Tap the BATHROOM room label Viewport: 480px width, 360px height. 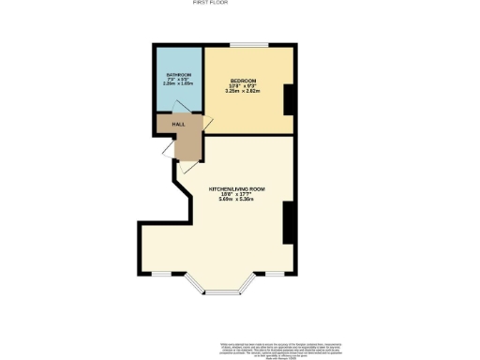[179, 74]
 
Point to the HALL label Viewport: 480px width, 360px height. [177, 124]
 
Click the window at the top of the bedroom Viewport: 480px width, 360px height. [247, 45]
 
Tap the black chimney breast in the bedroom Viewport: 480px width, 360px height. [288, 97]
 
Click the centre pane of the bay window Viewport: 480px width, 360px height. [222, 293]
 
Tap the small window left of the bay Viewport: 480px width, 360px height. [162, 274]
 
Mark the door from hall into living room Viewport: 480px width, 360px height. [187, 165]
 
